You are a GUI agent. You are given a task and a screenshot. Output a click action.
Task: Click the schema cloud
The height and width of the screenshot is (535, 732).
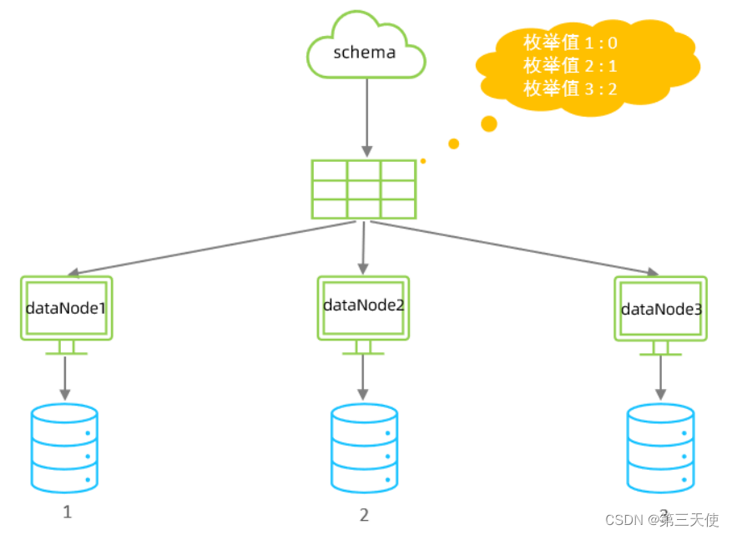[366, 48]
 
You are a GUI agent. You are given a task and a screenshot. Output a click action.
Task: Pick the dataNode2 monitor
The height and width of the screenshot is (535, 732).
[363, 306]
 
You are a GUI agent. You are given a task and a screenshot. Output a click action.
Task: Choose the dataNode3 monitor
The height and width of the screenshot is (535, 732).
[660, 310]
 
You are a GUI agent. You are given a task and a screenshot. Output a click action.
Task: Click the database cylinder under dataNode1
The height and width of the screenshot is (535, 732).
[64, 447]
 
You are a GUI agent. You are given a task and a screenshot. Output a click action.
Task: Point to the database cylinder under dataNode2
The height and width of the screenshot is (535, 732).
[363, 448]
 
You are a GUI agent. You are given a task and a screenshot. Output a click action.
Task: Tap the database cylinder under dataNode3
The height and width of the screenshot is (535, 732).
[660, 447]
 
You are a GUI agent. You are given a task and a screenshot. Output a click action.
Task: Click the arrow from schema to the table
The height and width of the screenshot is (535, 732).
[366, 117]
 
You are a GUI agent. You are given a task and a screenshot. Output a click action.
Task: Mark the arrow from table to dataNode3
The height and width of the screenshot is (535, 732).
[513, 247]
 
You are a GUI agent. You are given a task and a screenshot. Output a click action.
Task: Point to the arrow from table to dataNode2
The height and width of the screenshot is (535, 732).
[363, 248]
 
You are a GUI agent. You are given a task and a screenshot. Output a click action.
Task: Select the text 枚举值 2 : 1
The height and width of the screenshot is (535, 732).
[570, 66]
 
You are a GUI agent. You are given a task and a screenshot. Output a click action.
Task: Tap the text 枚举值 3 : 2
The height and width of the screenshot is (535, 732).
[570, 88]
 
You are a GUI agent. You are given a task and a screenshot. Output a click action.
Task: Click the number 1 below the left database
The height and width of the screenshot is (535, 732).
[68, 512]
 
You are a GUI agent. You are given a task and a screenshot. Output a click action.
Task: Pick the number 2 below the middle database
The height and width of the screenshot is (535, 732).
[364, 515]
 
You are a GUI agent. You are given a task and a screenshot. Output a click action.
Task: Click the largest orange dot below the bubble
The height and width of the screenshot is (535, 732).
[489, 124]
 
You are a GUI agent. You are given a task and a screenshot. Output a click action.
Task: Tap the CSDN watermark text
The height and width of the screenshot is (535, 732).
[661, 520]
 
